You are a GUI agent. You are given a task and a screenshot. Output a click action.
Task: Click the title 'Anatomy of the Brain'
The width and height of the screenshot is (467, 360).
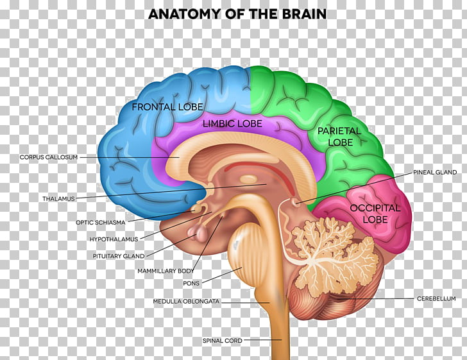[x=237, y=13]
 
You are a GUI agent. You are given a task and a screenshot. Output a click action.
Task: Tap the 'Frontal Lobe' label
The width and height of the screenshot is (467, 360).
[x=167, y=107]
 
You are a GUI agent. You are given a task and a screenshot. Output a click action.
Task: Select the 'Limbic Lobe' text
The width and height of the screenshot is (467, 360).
[x=232, y=124]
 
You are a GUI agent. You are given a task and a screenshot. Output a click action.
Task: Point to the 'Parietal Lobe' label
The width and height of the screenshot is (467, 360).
[x=339, y=137]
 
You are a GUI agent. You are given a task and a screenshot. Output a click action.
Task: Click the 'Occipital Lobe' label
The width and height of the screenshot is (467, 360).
[x=375, y=214]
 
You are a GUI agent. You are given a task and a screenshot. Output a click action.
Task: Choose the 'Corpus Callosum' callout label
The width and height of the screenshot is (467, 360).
[x=49, y=157]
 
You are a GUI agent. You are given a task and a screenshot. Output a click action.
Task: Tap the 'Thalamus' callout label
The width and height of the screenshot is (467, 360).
[x=58, y=198]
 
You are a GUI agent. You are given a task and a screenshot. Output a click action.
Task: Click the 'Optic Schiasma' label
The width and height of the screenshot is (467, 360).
[x=100, y=222]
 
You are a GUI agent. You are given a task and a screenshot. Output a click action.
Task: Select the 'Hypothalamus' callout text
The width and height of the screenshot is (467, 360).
[x=114, y=239]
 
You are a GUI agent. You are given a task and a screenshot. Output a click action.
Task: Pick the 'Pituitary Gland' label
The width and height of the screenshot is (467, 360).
[x=119, y=256]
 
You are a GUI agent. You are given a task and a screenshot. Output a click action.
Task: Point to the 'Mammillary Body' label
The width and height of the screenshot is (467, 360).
[x=166, y=271]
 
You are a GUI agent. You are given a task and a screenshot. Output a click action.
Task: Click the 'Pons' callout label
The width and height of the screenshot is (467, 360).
[x=191, y=283]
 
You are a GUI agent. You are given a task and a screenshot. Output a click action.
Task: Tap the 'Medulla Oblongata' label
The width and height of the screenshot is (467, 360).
[x=186, y=302]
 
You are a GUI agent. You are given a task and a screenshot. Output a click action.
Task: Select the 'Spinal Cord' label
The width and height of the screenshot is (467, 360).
[x=222, y=340]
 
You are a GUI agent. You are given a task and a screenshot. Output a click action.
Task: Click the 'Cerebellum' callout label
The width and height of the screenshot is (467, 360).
[x=436, y=298]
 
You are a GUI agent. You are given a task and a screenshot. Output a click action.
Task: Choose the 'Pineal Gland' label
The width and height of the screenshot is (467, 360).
[x=435, y=172]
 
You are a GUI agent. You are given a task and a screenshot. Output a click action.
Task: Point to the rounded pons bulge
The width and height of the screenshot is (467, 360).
[x=242, y=250]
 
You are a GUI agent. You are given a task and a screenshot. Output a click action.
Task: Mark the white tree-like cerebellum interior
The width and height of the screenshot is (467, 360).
[x=330, y=256]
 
